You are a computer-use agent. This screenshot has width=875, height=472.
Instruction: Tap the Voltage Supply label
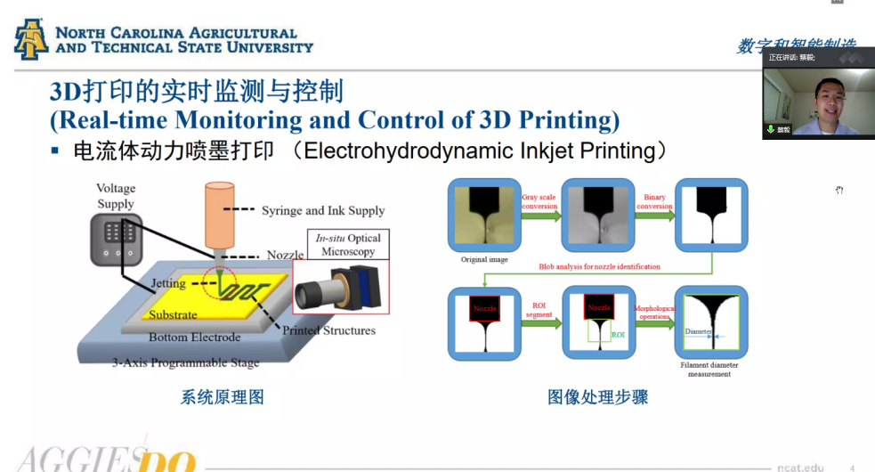116,196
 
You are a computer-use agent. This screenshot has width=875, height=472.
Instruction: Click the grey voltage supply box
116,238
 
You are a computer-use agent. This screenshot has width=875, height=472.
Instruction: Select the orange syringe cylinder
219,215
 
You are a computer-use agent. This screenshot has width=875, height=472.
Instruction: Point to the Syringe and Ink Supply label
323,211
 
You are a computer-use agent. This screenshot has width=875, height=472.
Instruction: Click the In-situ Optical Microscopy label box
348,245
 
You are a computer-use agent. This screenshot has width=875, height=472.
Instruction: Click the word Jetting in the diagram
168,283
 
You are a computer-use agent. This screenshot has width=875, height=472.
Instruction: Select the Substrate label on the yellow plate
173,314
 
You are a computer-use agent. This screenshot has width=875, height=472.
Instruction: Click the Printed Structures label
328,330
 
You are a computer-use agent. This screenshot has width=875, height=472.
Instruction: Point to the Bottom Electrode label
195,338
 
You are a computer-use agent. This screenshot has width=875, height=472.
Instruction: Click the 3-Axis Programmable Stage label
186,362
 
